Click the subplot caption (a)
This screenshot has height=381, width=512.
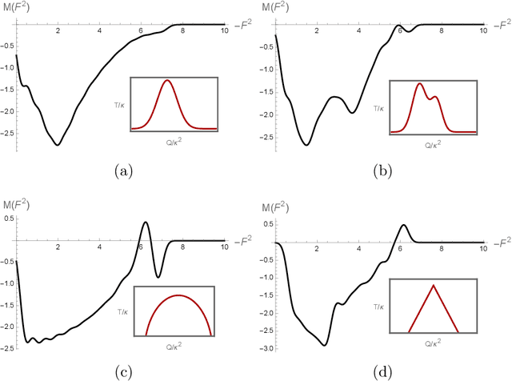pyautogui.click(x=123, y=170)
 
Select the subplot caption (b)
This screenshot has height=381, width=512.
pyautogui.click(x=382, y=170)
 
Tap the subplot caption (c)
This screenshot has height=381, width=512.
pyautogui.click(x=123, y=371)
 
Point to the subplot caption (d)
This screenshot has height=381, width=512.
pyautogui.click(x=382, y=371)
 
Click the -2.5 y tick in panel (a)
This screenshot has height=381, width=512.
pyautogui.click(x=7, y=138)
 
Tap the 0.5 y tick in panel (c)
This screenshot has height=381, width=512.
pyautogui.click(x=9, y=218)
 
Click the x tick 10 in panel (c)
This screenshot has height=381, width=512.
pyautogui.click(x=223, y=247)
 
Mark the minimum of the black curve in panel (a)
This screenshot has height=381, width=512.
pyautogui.click(x=58, y=145)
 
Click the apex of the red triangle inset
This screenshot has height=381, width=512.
pyautogui.click(x=434, y=285)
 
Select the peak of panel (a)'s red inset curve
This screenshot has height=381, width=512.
pyautogui.click(x=167, y=80)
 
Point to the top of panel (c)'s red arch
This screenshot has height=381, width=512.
pyautogui.click(x=178, y=295)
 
